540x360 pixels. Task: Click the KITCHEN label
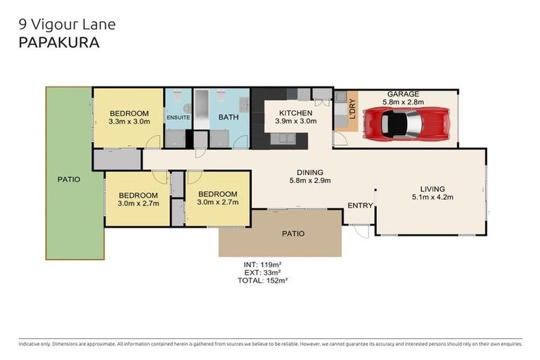(295, 113)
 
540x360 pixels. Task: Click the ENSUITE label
(178, 117)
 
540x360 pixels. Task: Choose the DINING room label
(309, 172)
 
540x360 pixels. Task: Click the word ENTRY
(361, 205)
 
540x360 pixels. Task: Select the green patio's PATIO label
(68, 179)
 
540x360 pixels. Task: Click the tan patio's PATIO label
(292, 233)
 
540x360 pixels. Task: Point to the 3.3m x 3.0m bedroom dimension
(129, 122)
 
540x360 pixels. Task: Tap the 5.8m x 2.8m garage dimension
(403, 103)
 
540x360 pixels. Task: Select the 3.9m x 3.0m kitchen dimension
(295, 122)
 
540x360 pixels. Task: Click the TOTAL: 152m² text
(263, 280)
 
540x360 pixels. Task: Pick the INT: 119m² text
(263, 264)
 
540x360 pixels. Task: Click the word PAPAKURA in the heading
(59, 42)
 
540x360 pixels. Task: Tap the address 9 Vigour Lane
(66, 25)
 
